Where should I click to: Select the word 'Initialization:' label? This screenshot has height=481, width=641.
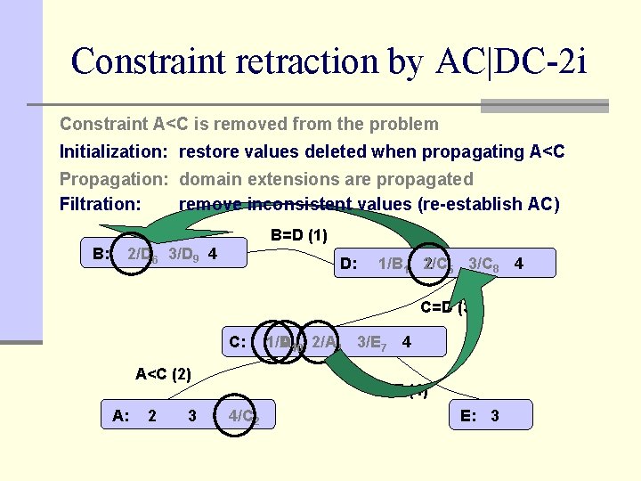tap(113, 151)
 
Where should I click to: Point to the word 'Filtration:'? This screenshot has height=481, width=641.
tap(100, 204)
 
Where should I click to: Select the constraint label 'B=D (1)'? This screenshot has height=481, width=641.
tap(298, 235)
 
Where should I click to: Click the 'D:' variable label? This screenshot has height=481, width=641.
tap(349, 264)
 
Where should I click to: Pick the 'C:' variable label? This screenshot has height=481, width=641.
tap(238, 341)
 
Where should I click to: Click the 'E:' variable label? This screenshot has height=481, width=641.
tap(468, 415)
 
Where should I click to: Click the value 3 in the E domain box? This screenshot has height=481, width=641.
tap(495, 415)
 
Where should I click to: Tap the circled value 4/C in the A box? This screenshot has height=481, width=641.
tap(243, 415)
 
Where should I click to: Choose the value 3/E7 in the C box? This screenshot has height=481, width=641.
tap(371, 341)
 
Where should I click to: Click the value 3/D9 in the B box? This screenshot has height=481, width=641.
tap(184, 255)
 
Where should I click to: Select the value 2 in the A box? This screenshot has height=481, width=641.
tap(152, 415)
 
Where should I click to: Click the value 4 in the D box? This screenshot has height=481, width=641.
tap(518, 264)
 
